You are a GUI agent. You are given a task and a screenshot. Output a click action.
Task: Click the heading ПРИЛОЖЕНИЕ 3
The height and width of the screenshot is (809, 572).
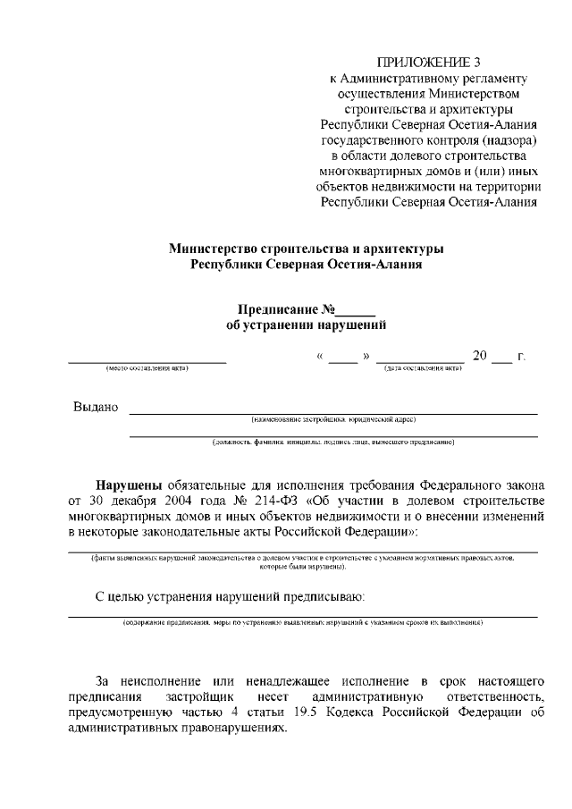click(x=429, y=62)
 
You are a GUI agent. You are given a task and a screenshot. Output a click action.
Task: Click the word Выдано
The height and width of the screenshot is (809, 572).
click(x=96, y=408)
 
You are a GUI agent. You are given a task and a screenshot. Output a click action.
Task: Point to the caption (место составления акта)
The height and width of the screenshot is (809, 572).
click(x=147, y=367)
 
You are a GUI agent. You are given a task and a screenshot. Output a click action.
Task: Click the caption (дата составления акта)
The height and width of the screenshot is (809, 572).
click(x=423, y=367)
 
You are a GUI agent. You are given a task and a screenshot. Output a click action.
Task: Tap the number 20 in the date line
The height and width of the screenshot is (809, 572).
click(x=479, y=357)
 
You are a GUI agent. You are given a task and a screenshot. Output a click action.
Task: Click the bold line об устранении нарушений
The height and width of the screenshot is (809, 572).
click(x=307, y=326)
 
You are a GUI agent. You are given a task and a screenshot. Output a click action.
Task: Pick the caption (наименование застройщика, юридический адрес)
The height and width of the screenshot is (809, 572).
click(x=333, y=418)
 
